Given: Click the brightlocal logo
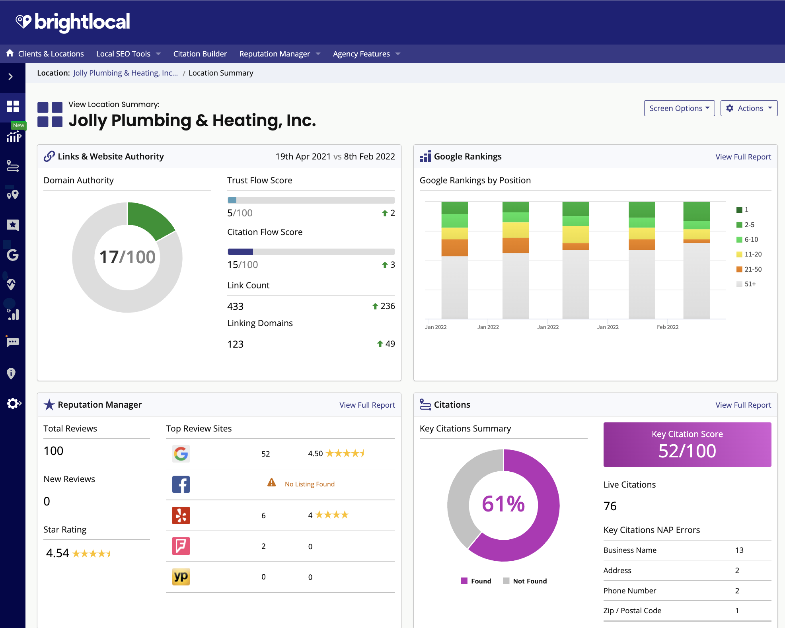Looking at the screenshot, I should pyautogui.click(x=73, y=22).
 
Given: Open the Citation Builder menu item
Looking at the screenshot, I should pyautogui.click(x=200, y=54).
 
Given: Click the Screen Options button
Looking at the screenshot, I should pyautogui.click(x=679, y=108).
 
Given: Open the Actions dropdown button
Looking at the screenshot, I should pyautogui.click(x=748, y=108).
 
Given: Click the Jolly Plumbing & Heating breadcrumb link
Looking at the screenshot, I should pyautogui.click(x=125, y=73).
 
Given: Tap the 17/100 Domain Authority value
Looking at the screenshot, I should pyautogui.click(x=127, y=257).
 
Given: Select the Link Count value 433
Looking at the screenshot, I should pyautogui.click(x=235, y=306).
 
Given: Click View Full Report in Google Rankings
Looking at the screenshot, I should pyautogui.click(x=743, y=157).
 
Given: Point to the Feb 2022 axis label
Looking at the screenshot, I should pyautogui.click(x=667, y=327).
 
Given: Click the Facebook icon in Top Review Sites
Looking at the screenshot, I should pyautogui.click(x=181, y=484).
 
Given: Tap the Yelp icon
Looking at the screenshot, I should pyautogui.click(x=181, y=515).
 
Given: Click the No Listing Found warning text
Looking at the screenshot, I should pyautogui.click(x=309, y=484).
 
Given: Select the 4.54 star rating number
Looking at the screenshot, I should pyautogui.click(x=58, y=553).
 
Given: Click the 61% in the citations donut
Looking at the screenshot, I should pyautogui.click(x=503, y=504).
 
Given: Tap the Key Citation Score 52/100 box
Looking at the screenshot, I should pyautogui.click(x=687, y=444).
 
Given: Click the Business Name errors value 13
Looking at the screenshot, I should pyautogui.click(x=739, y=550).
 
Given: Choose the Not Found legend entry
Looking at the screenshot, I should pyautogui.click(x=529, y=581).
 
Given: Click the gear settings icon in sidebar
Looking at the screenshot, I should pyautogui.click(x=13, y=403).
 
